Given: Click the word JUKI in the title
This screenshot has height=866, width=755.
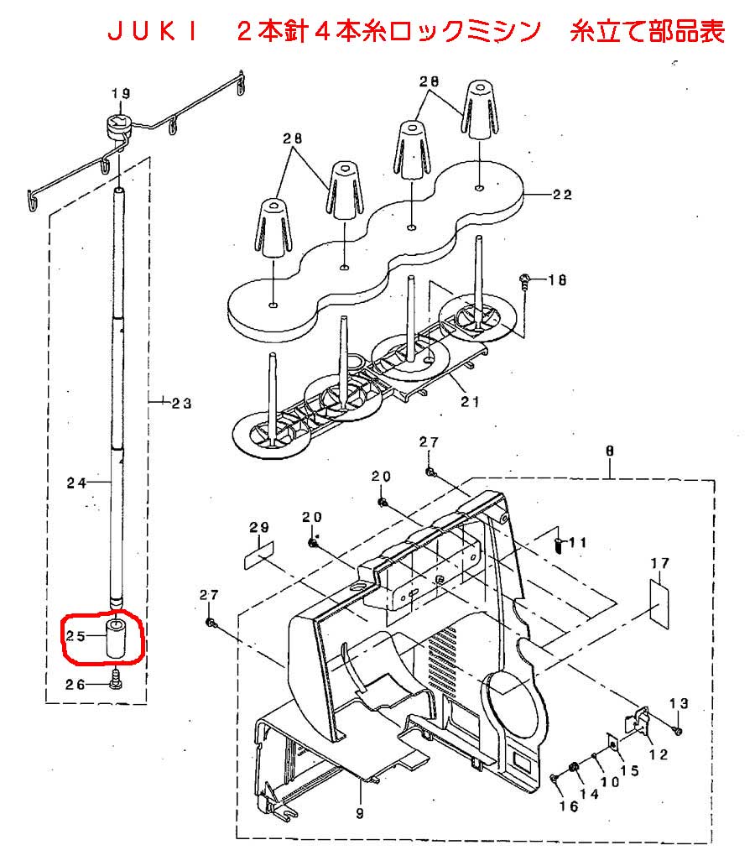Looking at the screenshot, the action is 153,32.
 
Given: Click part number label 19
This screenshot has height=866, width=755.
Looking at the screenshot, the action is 121,93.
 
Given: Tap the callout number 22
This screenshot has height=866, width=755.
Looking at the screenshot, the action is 562,195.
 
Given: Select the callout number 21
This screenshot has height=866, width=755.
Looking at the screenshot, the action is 470,401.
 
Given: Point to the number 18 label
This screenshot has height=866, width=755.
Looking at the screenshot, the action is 557,280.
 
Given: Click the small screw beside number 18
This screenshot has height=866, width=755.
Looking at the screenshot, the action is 524,281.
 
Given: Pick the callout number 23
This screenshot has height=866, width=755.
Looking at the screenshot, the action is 181,403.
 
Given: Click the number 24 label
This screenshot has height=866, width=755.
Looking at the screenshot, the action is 77,483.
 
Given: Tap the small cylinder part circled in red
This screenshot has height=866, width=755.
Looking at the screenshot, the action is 116,639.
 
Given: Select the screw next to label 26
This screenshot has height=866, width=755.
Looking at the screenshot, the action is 116,680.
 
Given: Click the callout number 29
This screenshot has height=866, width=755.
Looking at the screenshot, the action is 258,528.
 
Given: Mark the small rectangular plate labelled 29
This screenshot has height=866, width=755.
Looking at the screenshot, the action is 259,556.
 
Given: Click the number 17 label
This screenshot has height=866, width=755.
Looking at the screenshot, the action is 660,563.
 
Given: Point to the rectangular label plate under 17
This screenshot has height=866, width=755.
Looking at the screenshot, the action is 659,603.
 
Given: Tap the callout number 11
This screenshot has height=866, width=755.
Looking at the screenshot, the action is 577,542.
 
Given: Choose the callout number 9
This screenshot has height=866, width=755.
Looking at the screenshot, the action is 360,813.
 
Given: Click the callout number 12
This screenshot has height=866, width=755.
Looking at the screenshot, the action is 659,754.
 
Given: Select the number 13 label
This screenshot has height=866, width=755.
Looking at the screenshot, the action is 679,703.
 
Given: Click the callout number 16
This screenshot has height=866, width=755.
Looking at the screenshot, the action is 569,806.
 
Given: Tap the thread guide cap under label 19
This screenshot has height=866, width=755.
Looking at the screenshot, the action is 117,128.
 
